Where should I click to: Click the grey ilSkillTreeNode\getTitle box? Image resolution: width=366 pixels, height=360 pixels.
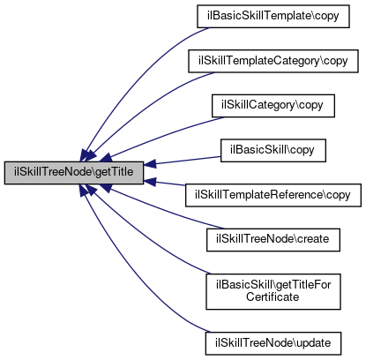click(74, 173)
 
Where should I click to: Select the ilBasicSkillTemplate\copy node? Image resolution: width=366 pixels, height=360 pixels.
click(273, 16)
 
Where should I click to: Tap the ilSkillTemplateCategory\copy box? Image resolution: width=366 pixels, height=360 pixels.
click(273, 61)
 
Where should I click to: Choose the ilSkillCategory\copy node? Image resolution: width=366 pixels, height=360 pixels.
click(273, 106)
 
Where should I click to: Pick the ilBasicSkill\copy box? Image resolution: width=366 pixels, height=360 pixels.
click(273, 150)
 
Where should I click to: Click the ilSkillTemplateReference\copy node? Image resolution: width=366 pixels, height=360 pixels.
click(273, 195)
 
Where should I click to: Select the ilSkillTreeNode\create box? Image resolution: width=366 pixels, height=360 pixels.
click(273, 240)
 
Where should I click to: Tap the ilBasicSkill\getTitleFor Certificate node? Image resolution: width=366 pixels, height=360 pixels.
click(273, 291)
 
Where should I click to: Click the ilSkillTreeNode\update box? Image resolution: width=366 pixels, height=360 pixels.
click(273, 343)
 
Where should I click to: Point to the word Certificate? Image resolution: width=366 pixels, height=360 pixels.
click(273, 296)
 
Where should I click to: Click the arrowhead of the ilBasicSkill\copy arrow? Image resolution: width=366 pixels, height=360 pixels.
click(149, 164)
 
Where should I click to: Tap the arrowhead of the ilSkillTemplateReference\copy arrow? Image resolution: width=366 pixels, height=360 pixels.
click(149, 182)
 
